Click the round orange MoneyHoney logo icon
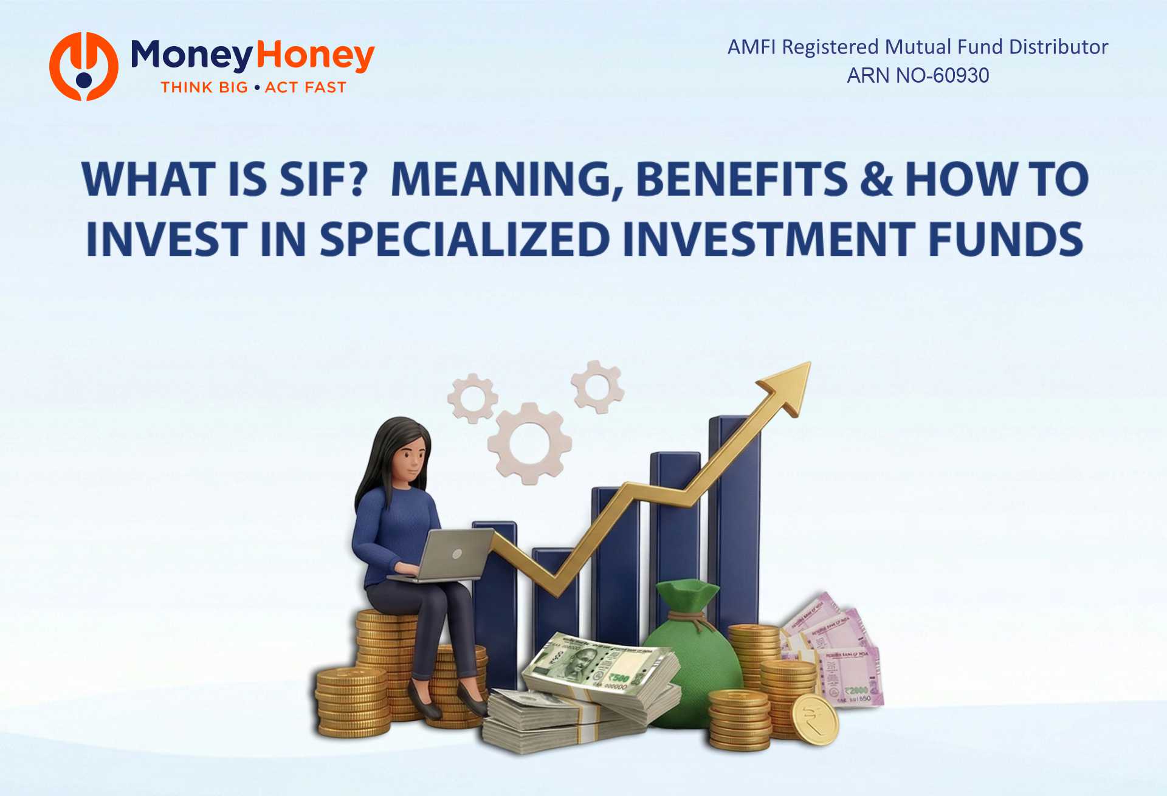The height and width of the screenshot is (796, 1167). (x=84, y=66)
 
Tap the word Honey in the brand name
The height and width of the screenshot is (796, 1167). (x=315, y=55)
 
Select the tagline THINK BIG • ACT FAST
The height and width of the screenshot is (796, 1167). (x=253, y=87)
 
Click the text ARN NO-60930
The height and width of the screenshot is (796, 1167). (x=918, y=75)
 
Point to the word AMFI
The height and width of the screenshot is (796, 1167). (x=751, y=47)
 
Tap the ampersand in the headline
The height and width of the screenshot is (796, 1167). (x=876, y=179)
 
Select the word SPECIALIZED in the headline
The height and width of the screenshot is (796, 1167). (x=465, y=239)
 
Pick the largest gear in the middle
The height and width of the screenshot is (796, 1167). (x=529, y=443)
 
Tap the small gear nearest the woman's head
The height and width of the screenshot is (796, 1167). (x=473, y=398)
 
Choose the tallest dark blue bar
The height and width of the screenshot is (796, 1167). (x=734, y=516)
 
